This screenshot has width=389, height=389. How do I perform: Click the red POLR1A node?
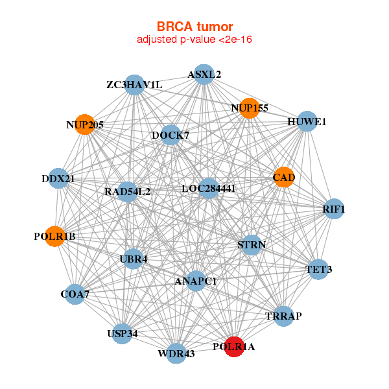point(234,347)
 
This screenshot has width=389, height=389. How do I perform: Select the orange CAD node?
point(284,177)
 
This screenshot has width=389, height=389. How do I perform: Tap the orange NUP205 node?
point(85,124)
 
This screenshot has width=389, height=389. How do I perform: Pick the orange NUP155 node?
point(250,108)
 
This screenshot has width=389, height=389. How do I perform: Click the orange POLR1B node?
point(55,237)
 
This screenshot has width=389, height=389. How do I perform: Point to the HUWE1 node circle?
point(307,121)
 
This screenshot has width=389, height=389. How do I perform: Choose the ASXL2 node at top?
point(204,74)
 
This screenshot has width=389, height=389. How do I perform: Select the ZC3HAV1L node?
point(134,85)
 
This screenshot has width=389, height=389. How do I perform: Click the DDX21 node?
point(58,178)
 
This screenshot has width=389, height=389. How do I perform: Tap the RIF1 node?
point(334,209)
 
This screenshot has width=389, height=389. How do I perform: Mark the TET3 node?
point(318,268)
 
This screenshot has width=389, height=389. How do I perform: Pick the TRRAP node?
point(283,316)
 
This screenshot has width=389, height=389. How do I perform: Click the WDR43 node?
point(176,353)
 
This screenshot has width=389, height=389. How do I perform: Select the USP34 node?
point(123,334)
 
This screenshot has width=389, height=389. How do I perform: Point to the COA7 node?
point(75,294)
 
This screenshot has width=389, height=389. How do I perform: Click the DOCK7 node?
point(171,135)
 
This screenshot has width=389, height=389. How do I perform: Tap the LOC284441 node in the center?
point(208,189)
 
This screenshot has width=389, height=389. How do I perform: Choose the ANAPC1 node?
point(196,281)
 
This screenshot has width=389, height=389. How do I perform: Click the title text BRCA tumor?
point(194,27)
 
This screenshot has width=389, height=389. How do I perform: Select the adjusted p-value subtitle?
point(194,40)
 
